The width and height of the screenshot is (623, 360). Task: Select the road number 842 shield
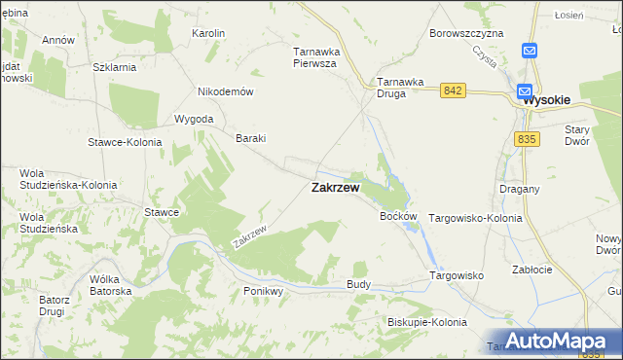point(451,90)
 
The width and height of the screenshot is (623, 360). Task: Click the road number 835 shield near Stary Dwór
point(527,140)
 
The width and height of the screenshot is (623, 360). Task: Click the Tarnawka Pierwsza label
point(314,56)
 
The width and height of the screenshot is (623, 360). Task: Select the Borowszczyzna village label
point(466,33)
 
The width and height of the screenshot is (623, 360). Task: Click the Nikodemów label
point(225,91)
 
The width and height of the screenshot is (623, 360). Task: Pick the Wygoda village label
point(194,119)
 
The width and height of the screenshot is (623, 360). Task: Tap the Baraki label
point(251,138)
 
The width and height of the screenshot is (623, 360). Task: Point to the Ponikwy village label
point(262,291)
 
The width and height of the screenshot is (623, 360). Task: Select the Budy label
point(358,283)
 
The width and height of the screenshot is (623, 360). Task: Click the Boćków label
point(398,216)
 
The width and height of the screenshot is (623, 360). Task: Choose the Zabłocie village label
point(531,270)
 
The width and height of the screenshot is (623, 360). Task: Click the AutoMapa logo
point(558,341)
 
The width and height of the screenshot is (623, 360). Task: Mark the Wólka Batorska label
point(110,285)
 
